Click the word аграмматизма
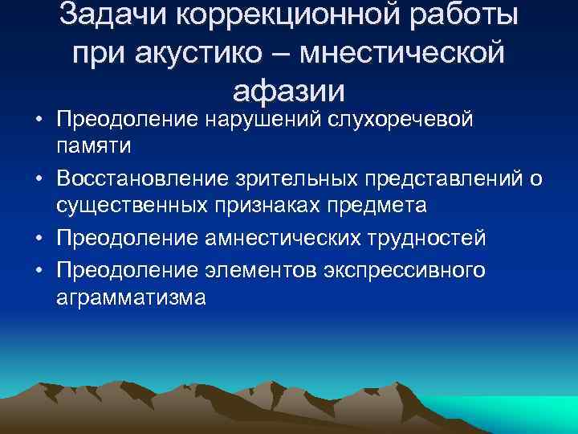point(131,298)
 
